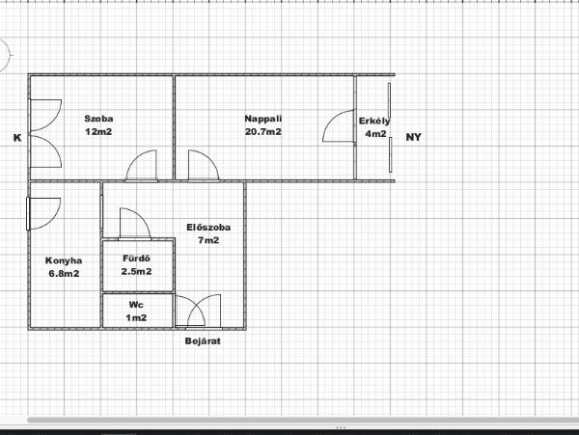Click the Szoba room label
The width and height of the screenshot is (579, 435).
click(98, 119)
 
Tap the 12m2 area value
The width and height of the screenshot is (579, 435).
click(98, 132)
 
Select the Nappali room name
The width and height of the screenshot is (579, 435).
click(263, 119)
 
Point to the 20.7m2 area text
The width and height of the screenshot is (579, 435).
click(263, 132)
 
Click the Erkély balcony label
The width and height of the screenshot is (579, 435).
click(374, 121)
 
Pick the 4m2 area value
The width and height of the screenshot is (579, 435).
click(375, 134)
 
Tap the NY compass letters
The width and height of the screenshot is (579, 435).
click(413, 137)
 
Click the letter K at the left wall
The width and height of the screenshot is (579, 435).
click(17, 138)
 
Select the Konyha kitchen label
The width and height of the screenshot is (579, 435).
click(64, 260)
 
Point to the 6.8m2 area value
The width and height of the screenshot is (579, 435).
click(64, 274)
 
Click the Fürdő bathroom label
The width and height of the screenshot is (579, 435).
click(136, 258)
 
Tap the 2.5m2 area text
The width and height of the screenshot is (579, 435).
click(136, 272)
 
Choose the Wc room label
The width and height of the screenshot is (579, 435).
click(136, 305)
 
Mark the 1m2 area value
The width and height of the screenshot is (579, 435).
click(136, 317)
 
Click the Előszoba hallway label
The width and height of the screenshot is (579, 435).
click(208, 228)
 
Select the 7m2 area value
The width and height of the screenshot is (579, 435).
click(208, 240)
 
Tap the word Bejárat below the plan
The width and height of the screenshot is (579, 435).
click(203, 340)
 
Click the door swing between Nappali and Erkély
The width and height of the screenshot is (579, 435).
click(334, 120)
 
